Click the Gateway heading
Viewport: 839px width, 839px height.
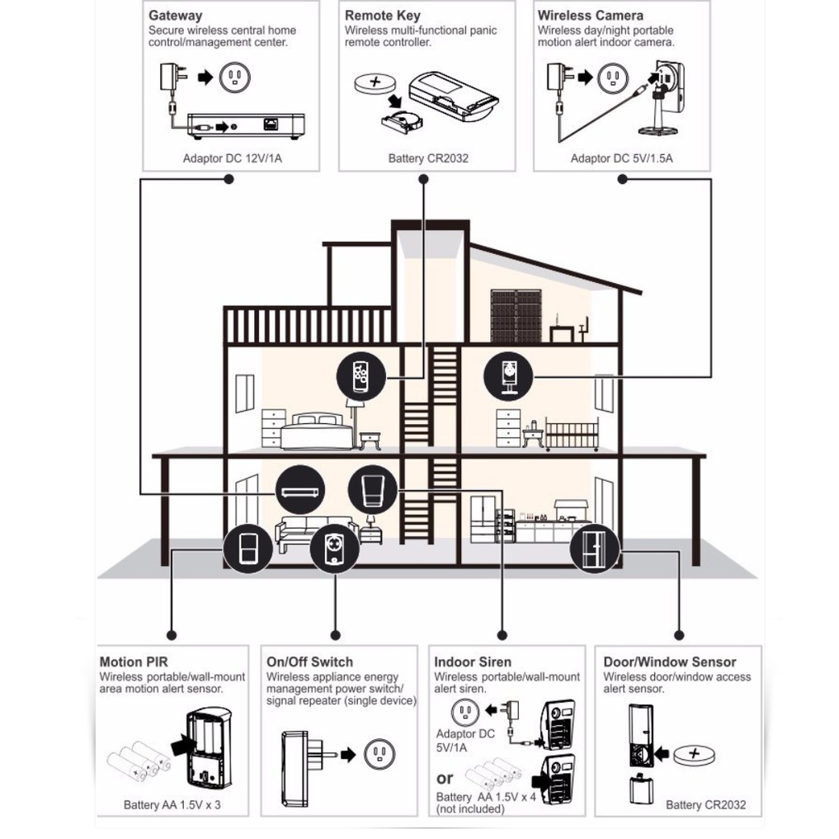(175, 16)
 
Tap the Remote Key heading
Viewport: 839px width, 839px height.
(383, 16)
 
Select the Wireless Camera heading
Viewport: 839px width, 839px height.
(590, 16)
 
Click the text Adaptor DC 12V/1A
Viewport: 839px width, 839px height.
(232, 158)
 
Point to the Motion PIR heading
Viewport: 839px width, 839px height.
(134, 662)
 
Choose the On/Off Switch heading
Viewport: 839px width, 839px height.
(309, 662)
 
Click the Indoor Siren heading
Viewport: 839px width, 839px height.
(472, 662)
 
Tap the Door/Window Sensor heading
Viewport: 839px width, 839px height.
(669, 662)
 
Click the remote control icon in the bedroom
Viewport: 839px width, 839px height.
(361, 376)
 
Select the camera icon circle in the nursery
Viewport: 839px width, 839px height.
(508, 376)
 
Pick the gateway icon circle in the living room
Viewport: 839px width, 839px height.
(300, 489)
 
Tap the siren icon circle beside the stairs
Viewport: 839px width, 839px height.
(372, 489)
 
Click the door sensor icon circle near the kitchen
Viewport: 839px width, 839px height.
(595, 549)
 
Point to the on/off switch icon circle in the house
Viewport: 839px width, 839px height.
(334, 549)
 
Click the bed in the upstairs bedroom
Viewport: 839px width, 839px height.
(316, 431)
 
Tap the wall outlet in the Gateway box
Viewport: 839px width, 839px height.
(234, 77)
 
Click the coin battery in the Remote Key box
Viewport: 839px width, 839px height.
(375, 83)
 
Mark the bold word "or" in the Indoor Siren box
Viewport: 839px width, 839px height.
(444, 779)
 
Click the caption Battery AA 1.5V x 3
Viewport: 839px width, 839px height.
(172, 804)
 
